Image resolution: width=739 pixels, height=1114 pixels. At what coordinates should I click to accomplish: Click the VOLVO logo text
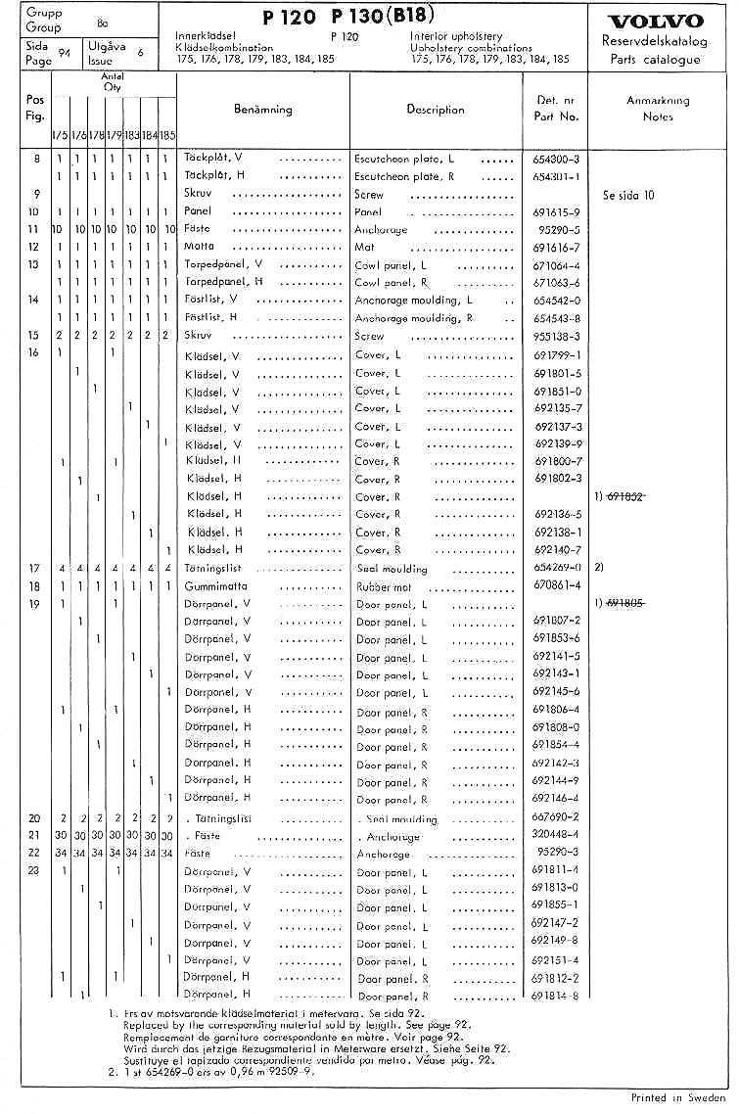[x=656, y=22]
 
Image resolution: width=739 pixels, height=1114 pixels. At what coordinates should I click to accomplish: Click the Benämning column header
[x=262, y=109]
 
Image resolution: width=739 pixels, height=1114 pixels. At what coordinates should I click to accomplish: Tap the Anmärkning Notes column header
[x=658, y=108]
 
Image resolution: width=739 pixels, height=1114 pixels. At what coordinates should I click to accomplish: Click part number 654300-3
[x=556, y=159]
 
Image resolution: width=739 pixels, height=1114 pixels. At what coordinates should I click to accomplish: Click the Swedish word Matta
[x=199, y=248]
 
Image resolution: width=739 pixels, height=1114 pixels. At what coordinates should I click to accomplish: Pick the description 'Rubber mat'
[x=383, y=586]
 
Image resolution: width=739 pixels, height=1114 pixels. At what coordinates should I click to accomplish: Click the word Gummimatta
[x=215, y=586]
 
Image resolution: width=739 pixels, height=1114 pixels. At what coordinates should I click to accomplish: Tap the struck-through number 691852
[x=625, y=496]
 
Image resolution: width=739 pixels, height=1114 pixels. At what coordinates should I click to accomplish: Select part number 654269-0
[x=556, y=568]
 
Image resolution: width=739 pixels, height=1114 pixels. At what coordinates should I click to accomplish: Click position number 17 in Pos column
[x=34, y=568]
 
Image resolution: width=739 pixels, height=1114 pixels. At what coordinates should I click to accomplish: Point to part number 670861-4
[x=556, y=585]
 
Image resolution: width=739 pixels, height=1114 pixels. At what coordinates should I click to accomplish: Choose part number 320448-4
[x=556, y=835]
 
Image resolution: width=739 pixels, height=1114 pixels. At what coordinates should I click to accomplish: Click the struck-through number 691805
[x=625, y=603]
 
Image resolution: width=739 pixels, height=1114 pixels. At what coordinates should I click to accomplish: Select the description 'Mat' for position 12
[x=364, y=248]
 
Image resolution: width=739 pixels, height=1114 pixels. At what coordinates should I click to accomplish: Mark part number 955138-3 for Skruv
[x=556, y=336]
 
